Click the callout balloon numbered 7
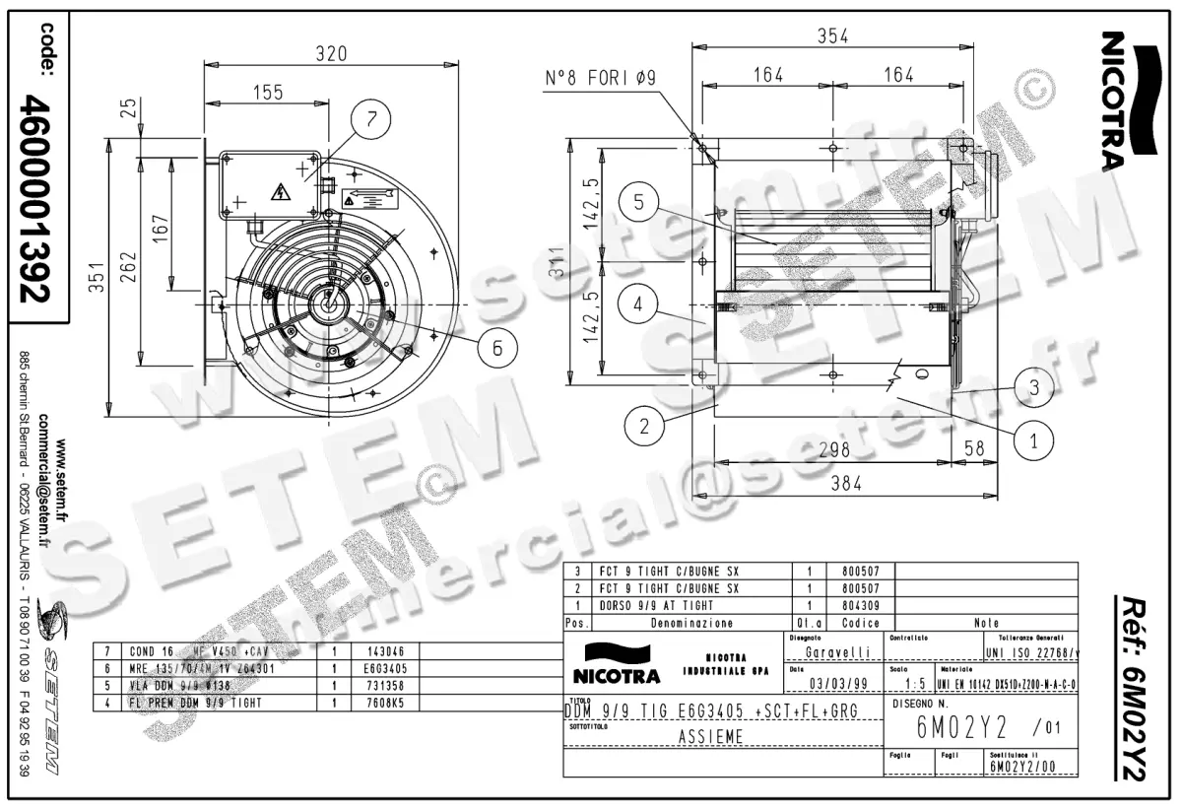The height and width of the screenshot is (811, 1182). (371, 120)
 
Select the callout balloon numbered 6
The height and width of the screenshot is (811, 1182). (497, 347)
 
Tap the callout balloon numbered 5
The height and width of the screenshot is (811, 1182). (639, 203)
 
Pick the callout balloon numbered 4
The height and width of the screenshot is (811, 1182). (639, 305)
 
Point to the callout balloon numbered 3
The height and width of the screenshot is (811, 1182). (1033, 387)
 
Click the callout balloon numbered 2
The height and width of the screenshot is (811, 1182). (644, 427)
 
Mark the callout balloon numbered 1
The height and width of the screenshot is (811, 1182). (1033, 442)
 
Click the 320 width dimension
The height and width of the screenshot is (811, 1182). (330, 55)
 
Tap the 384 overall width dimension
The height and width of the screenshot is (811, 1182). (845, 483)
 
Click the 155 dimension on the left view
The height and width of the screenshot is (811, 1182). (266, 92)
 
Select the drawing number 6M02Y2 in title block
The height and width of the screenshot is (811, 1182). (951, 728)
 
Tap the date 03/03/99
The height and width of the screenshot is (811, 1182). (837, 682)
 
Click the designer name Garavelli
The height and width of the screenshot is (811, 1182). (837, 651)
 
